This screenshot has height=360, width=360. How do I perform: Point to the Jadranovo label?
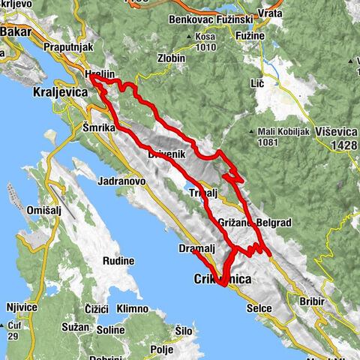(x=121, y=181)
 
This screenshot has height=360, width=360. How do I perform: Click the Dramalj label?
(x=196, y=248)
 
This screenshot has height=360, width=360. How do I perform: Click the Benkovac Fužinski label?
(x=206, y=19)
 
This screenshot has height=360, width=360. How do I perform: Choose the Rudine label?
(x=118, y=262)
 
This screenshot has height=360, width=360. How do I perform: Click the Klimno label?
(x=133, y=309)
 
